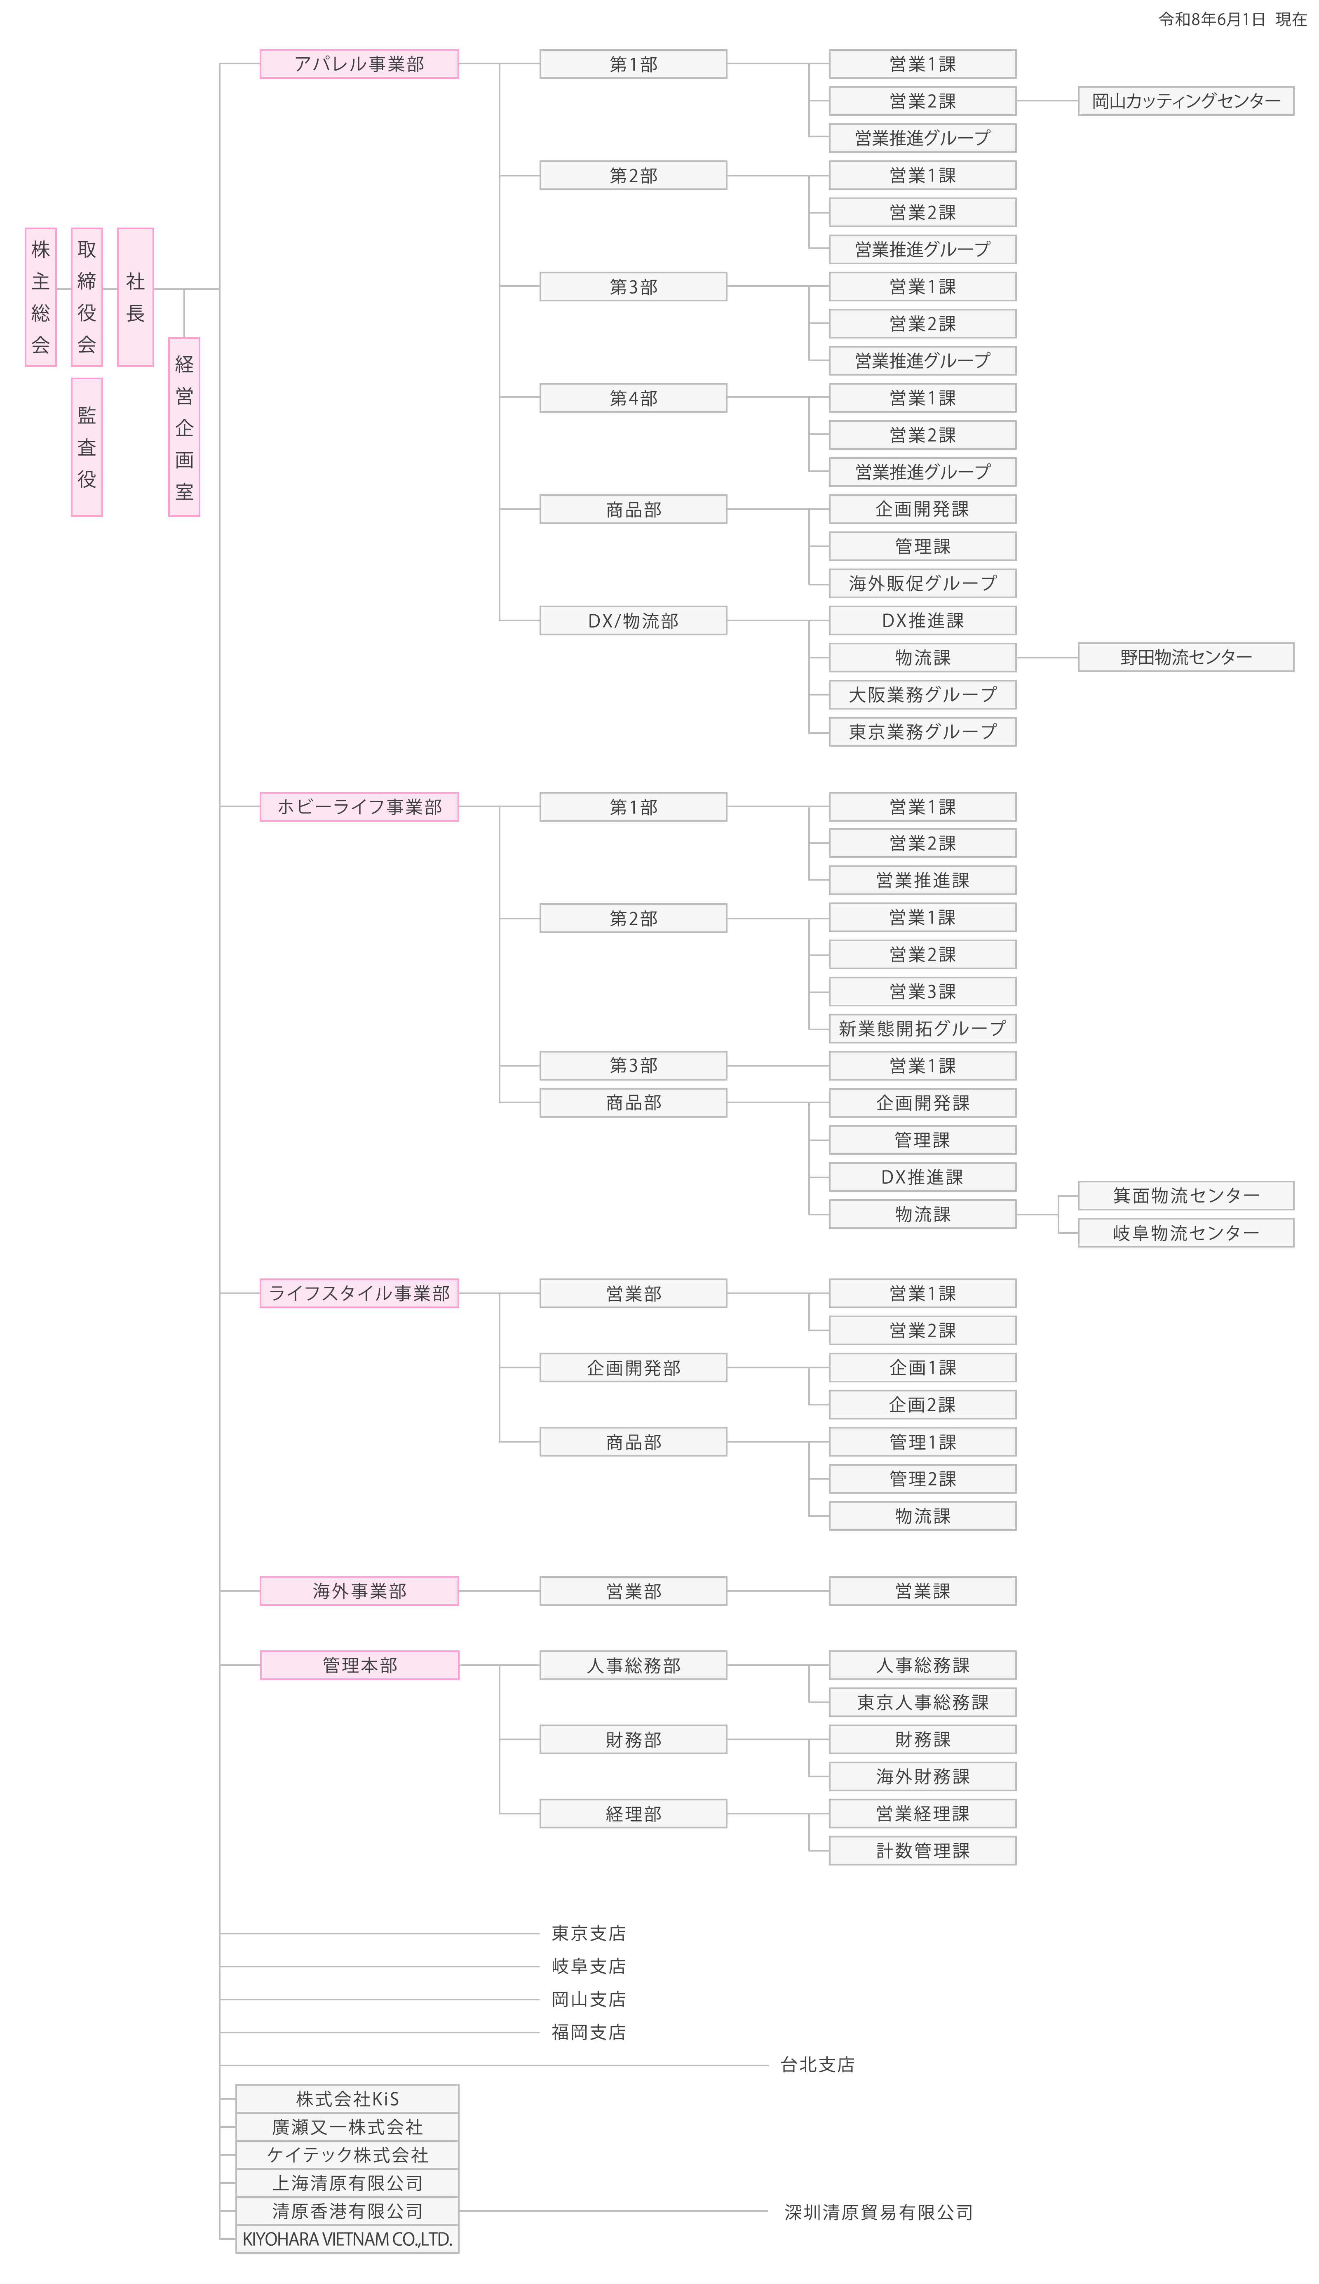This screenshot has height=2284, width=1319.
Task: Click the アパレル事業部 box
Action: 359,63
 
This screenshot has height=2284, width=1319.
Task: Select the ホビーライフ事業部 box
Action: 359,806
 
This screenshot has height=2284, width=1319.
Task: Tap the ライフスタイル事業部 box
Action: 359,1293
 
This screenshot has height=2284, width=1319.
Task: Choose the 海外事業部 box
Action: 359,1591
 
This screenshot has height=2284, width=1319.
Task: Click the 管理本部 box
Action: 359,1665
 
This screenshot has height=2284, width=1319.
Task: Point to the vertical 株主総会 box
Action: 41,297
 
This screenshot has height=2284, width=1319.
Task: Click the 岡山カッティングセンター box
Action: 1186,101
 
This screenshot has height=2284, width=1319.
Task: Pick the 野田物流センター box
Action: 1186,657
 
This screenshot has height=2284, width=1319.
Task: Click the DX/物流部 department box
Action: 633,620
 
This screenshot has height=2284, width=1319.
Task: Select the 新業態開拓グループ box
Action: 922,1028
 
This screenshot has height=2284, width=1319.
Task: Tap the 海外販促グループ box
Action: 922,583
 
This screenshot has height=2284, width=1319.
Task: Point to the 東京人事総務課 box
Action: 922,1702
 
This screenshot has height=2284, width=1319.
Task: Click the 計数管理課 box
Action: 922,1851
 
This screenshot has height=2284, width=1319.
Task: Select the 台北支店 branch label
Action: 817,2065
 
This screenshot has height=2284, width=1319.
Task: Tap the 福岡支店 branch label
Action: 589,2032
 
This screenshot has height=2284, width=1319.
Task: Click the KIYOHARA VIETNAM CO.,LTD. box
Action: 347,2239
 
